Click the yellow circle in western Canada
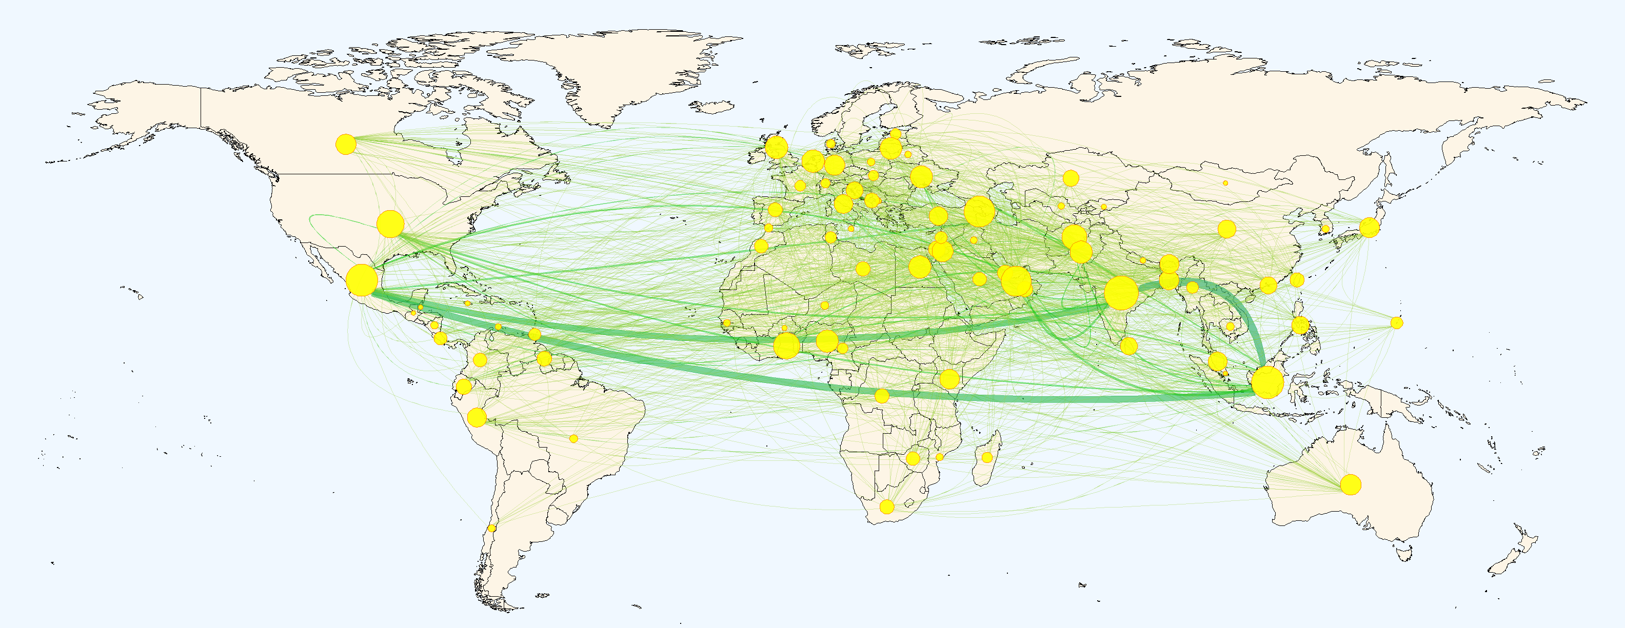[x=346, y=145]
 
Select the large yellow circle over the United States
[x=390, y=224]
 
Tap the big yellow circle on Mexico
[x=362, y=280]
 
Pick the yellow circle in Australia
[x=1351, y=485]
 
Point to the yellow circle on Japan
[x=1370, y=227]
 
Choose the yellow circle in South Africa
[x=887, y=507]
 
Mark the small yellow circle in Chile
[x=492, y=528]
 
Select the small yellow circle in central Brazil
[x=573, y=438]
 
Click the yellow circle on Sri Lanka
[x=1128, y=346]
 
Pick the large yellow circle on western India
[x=1122, y=293]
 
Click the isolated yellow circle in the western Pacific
[x=1397, y=323]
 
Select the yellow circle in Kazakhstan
[x=1071, y=178]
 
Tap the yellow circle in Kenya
[x=949, y=379]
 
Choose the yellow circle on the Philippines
[x=1300, y=326]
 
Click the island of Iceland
[x=712, y=107]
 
